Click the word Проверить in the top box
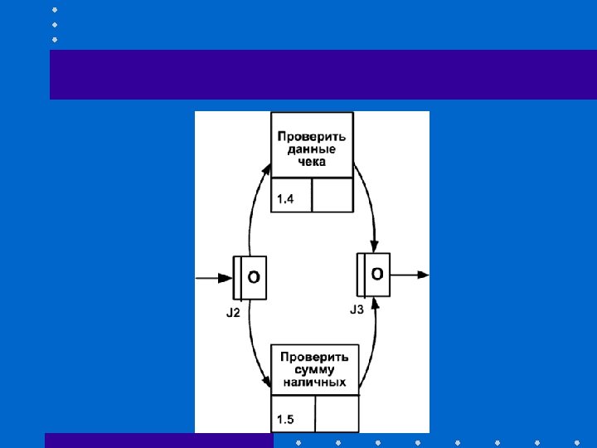[312, 135]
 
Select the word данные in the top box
[312, 149]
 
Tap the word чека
[312, 162]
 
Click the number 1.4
[285, 198]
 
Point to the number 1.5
[285, 419]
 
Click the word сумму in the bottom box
[314, 369]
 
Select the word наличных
[314, 382]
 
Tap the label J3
[357, 309]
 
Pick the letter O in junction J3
[377, 273]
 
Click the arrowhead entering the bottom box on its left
[267, 381]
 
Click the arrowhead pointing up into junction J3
[376, 304]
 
